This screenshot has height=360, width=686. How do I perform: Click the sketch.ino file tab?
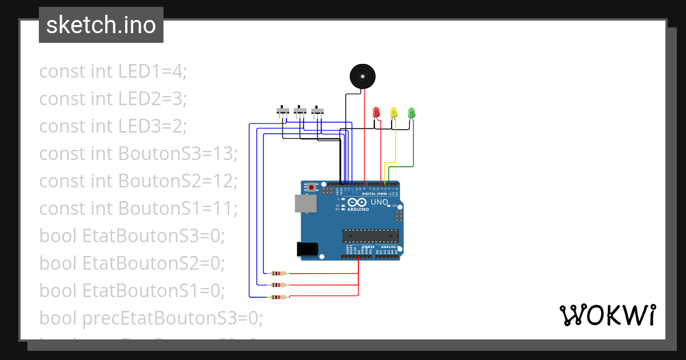[101, 25]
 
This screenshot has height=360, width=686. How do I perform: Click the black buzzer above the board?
[362, 76]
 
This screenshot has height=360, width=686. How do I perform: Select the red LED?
[376, 111]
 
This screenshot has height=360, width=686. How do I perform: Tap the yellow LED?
[393, 111]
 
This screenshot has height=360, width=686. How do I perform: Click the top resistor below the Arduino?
[278, 273]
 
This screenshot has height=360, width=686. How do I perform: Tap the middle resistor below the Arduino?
[278, 285]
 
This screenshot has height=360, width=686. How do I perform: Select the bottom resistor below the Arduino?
[278, 297]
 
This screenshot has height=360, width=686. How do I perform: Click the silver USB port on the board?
[305, 204]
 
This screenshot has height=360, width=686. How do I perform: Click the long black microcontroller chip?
[370, 235]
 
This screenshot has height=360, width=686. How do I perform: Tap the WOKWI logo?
[607, 315]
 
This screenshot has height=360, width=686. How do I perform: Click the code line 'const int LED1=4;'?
[113, 71]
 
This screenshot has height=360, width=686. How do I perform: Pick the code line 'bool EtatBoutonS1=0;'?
[131, 290]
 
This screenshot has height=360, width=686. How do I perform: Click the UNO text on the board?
[380, 202]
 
